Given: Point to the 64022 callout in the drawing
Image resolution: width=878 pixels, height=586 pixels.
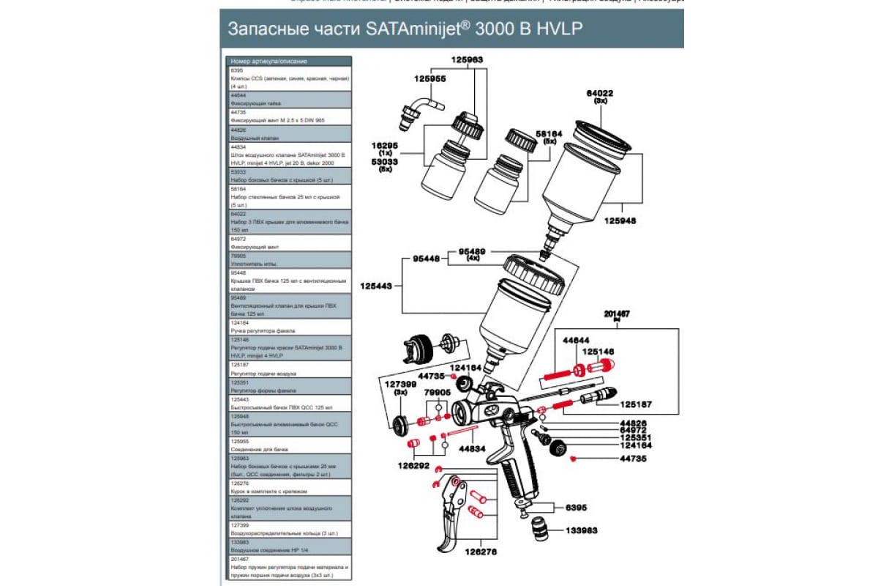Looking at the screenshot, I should tap(599, 94).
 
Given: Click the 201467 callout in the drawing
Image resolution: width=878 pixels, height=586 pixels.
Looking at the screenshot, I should tap(618, 314).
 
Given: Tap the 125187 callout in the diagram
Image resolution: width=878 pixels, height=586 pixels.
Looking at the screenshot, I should tap(636, 404).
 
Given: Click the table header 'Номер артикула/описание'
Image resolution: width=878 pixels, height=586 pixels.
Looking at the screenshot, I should tap(269, 62).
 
